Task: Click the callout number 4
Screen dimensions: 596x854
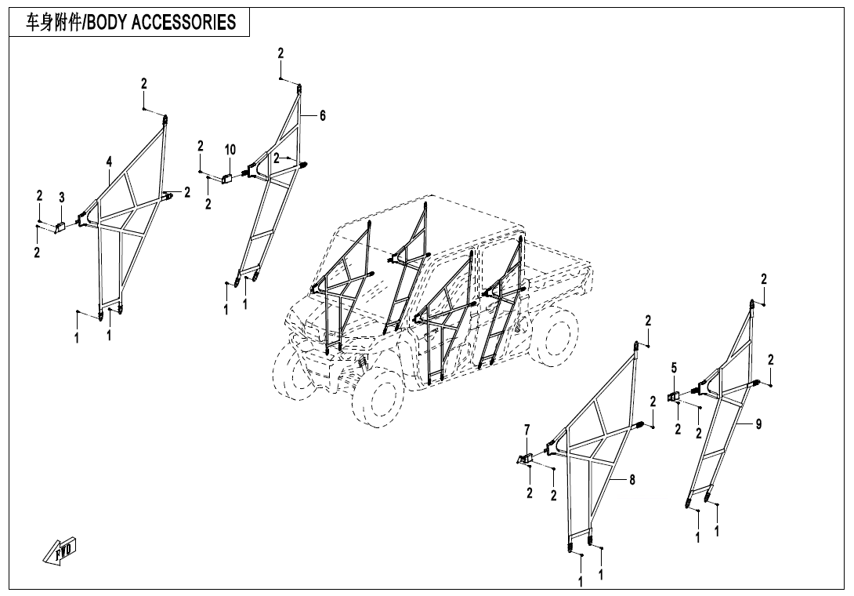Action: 110,162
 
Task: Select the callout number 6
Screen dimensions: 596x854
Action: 322,115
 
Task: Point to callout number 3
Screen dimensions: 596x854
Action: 62,196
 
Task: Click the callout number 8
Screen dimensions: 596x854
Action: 632,479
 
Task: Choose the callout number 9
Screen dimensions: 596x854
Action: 758,423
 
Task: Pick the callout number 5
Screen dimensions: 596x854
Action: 674,367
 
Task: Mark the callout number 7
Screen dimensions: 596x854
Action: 527,429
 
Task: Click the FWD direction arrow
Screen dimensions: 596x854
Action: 60,552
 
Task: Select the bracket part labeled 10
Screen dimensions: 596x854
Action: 227,177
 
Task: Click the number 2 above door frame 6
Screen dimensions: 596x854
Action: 280,53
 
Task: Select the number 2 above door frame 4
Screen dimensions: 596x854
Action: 144,83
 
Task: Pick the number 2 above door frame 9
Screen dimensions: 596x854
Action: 764,279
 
